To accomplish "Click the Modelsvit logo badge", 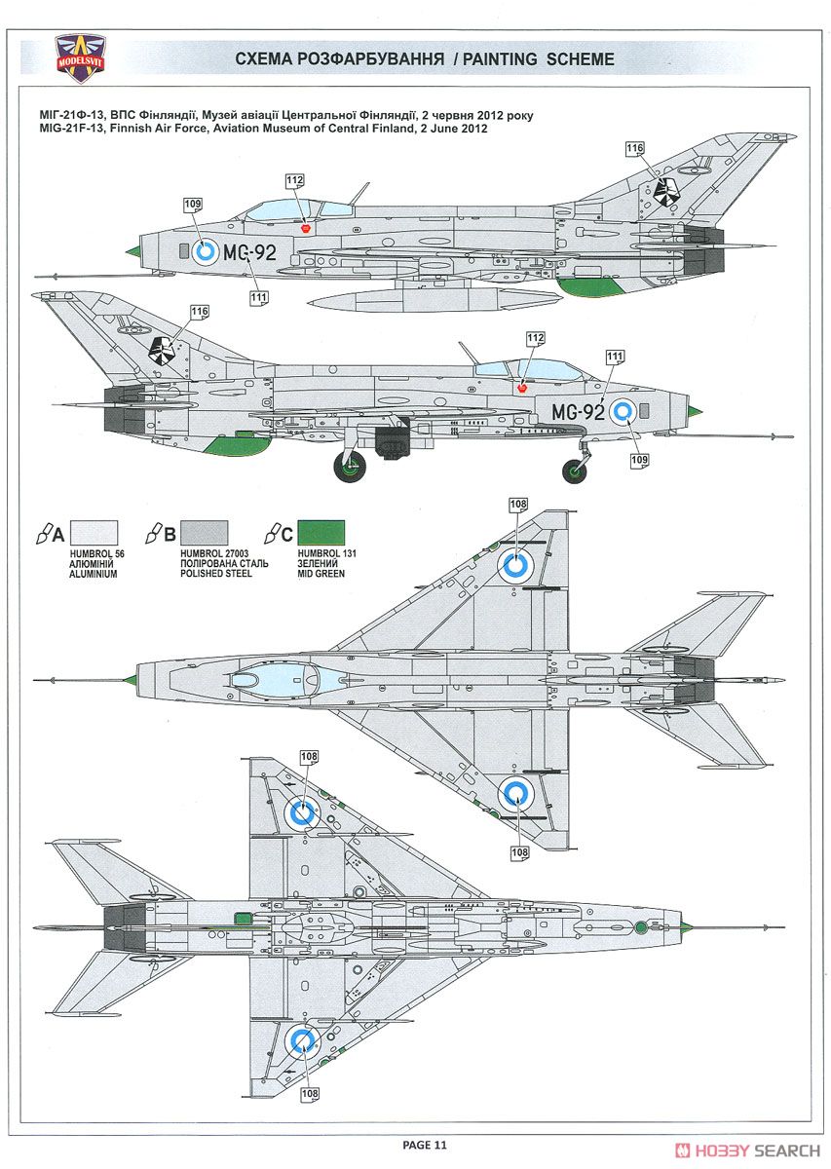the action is tap(81, 58).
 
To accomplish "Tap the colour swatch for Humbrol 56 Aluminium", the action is tap(94, 533).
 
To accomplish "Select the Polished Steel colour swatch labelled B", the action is tap(204, 533).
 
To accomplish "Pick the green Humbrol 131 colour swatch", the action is tap(321, 533).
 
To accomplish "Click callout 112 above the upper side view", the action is tap(294, 180).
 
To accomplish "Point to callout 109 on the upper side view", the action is tap(193, 204).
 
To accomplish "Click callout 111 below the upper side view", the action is tap(259, 297).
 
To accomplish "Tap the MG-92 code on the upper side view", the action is tap(249, 252).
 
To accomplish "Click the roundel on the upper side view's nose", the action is tap(205, 252).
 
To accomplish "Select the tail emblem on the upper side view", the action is tap(666, 192).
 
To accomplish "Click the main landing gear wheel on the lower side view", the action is tap(350, 466).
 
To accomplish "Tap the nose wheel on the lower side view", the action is tap(574, 471).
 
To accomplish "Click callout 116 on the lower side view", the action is tap(200, 312).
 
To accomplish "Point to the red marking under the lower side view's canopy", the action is tap(521, 388).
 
